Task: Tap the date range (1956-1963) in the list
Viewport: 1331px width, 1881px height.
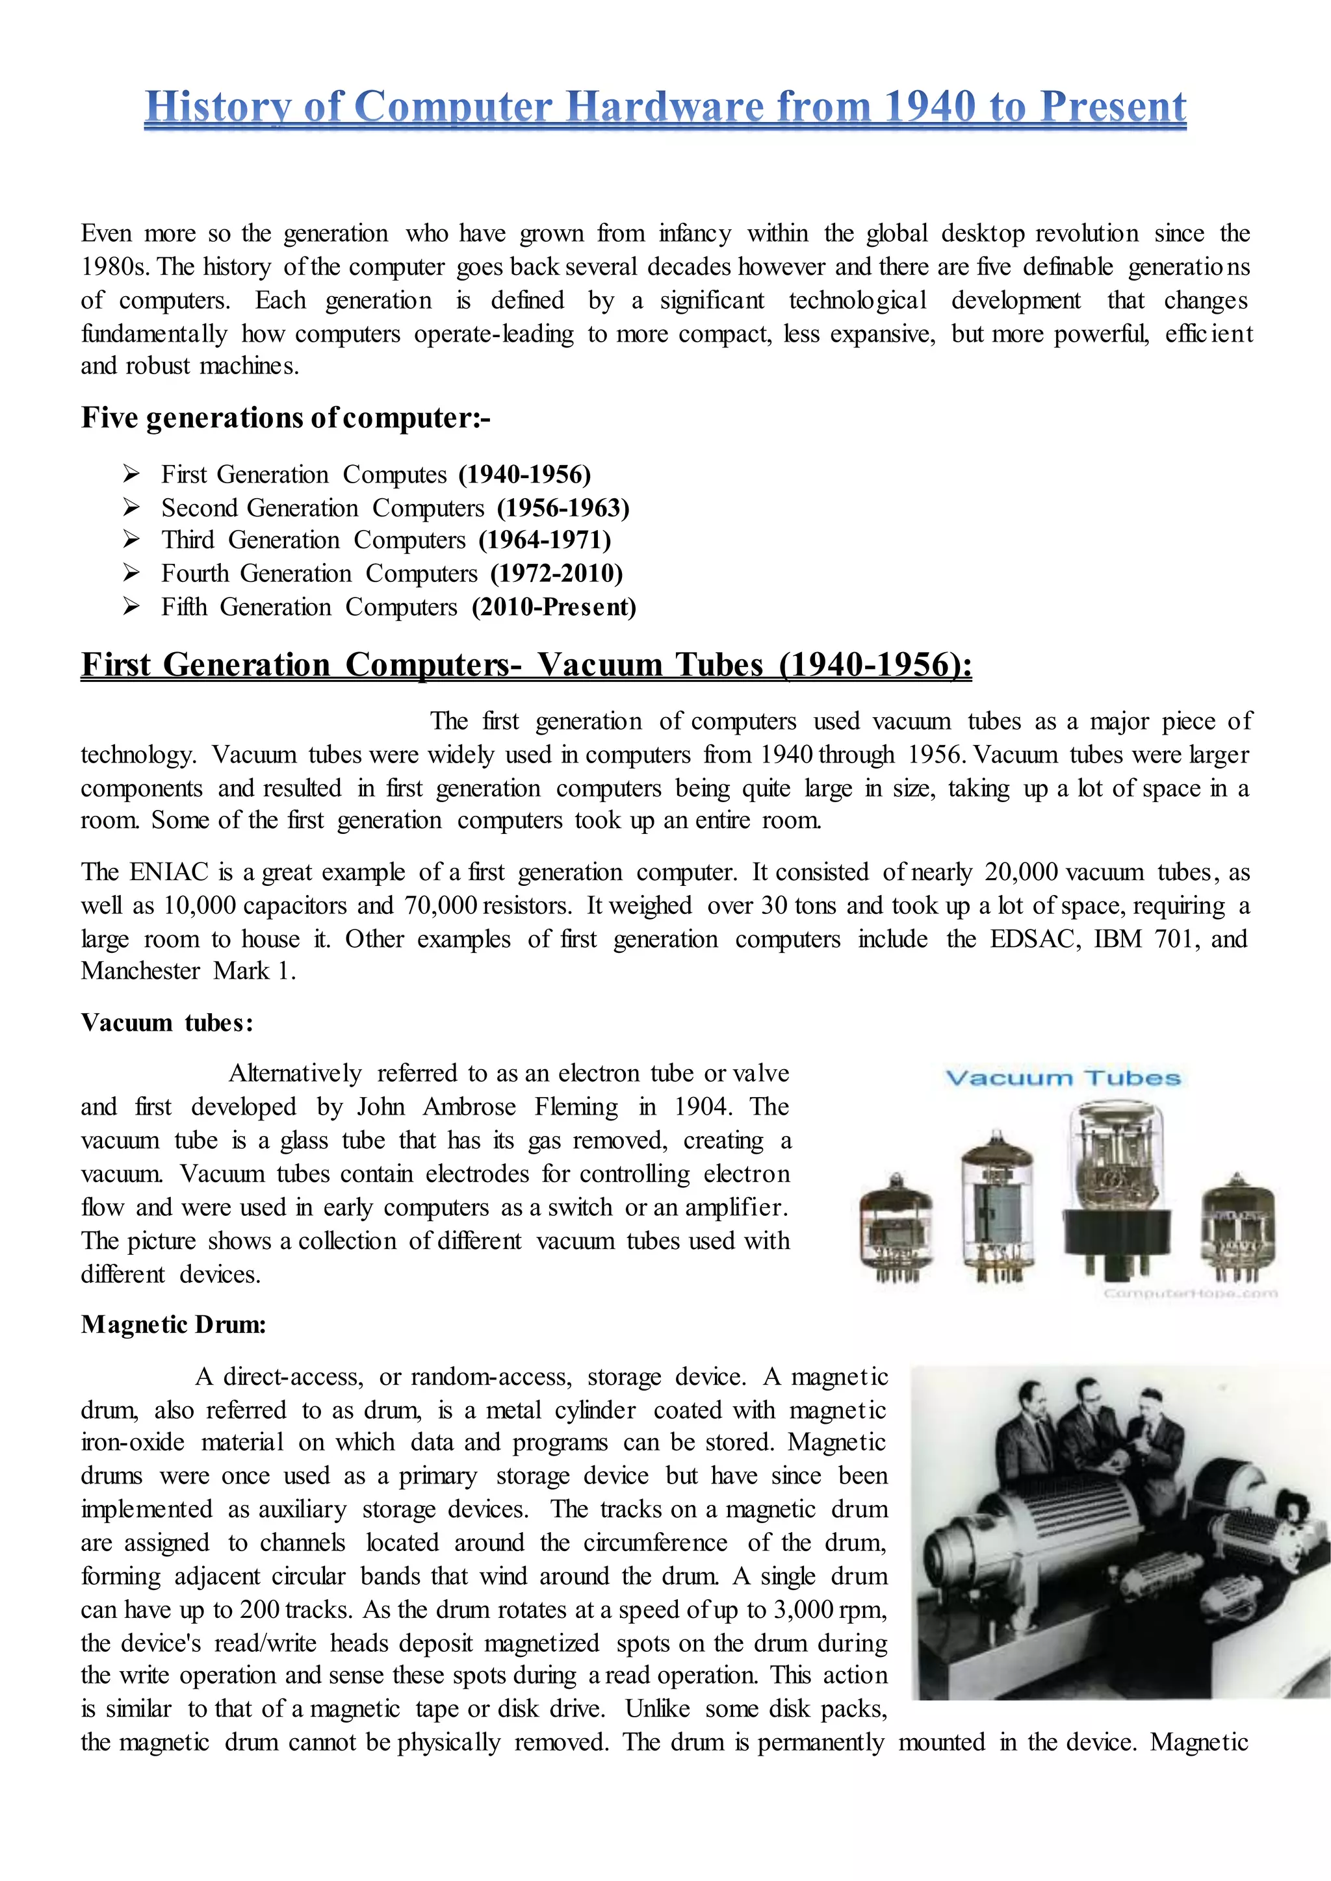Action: pos(563,508)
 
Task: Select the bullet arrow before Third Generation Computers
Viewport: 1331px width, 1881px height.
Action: pos(131,539)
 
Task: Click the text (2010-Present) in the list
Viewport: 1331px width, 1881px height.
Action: pos(554,607)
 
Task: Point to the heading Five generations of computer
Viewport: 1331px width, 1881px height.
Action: pos(285,418)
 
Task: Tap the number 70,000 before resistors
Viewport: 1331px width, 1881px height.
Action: pos(442,905)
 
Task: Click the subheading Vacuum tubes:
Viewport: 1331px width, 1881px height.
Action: pos(167,1023)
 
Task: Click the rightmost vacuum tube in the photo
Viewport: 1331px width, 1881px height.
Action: pos(1237,1226)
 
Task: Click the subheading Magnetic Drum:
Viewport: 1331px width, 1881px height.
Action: pos(174,1325)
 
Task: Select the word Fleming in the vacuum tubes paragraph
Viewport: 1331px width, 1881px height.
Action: pos(576,1107)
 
